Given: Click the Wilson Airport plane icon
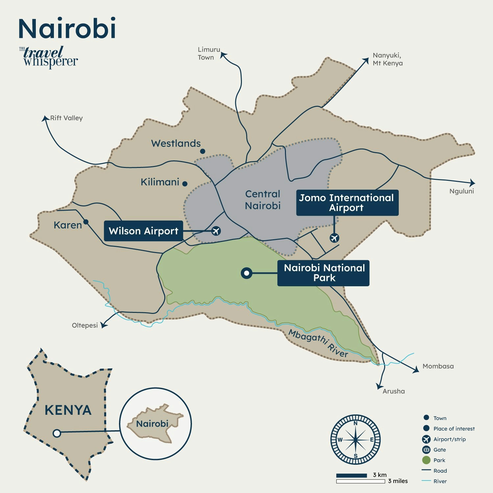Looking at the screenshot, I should click(x=216, y=231).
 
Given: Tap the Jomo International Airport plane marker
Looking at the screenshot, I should click(x=334, y=238).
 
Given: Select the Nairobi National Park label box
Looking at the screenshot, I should click(x=323, y=273).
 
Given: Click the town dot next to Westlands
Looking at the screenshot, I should click(x=203, y=151).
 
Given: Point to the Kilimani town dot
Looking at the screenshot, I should click(x=185, y=184).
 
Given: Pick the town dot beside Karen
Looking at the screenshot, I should click(x=86, y=222).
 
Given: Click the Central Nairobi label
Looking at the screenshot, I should click(x=263, y=200).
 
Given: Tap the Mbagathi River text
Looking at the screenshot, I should click(x=318, y=343).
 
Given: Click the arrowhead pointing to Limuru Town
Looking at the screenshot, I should click(x=223, y=55).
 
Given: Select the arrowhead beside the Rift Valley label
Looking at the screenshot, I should click(x=45, y=118).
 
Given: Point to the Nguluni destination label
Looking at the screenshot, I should click(x=461, y=191).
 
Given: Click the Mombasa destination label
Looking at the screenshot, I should click(x=438, y=366).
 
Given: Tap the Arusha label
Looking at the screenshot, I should click(x=393, y=391).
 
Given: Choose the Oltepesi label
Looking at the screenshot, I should click(x=85, y=325).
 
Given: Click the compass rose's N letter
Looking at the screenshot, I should click(x=355, y=423).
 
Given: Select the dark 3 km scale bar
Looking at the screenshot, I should click(x=351, y=475).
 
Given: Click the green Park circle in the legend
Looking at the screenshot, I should click(x=426, y=460).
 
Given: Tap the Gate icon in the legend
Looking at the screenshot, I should click(x=426, y=450).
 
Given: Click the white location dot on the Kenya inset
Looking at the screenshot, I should click(x=57, y=433).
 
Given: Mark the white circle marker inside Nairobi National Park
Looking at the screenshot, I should click(x=246, y=273).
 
